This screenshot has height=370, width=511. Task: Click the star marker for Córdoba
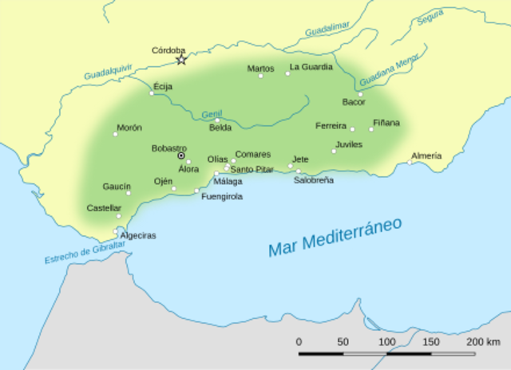[x=181, y=60]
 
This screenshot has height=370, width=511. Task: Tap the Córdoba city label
[x=168, y=50]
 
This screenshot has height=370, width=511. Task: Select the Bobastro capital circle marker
[x=181, y=156]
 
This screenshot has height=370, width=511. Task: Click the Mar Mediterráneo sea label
[x=335, y=237]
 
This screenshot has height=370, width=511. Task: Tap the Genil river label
[x=212, y=113]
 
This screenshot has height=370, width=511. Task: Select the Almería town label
[x=426, y=155]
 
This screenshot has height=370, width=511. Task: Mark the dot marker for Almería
[x=410, y=163]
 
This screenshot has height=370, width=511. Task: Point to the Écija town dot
[x=152, y=93]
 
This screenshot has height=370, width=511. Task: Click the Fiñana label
[x=386, y=123]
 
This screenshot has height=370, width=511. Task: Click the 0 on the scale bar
[x=299, y=341]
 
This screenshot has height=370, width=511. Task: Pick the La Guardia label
[x=311, y=67]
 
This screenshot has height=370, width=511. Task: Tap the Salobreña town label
[x=314, y=180]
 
